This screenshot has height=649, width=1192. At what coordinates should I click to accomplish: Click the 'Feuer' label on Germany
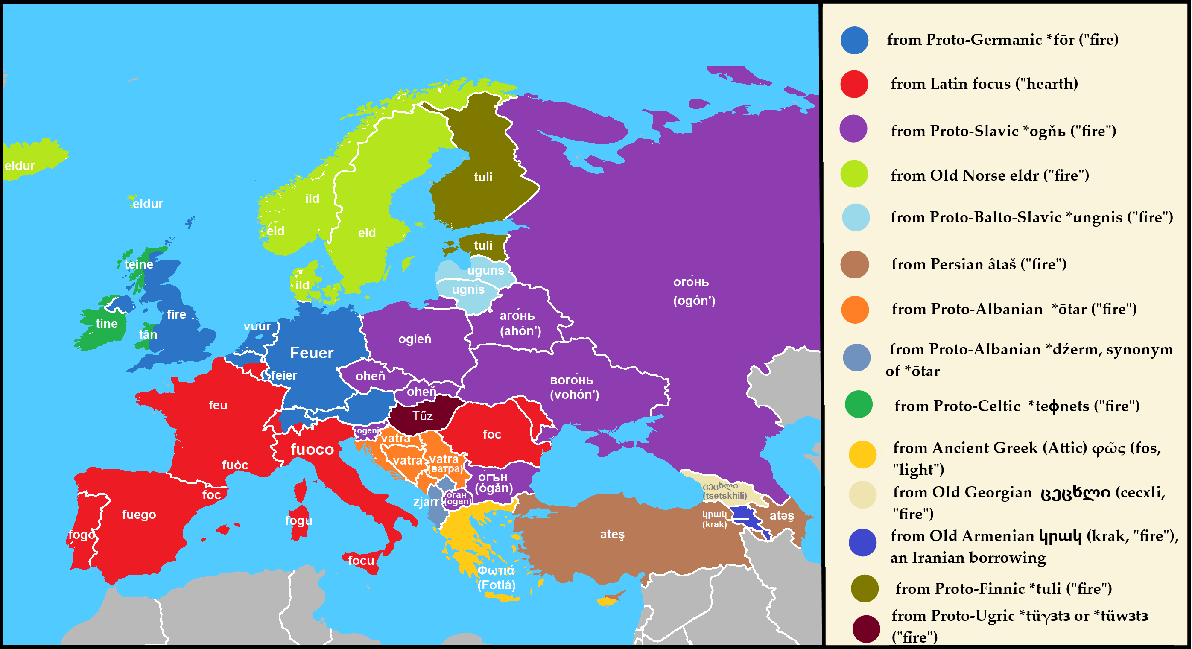[x=311, y=353]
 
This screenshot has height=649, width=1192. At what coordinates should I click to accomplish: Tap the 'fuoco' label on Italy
[x=313, y=450]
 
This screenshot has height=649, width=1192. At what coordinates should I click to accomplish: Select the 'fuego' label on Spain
[x=139, y=515]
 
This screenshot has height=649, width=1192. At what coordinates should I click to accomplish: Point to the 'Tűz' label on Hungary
[x=423, y=416]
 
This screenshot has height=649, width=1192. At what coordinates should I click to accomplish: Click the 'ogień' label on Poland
[x=415, y=339]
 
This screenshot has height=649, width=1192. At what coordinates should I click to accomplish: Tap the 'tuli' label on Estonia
[x=483, y=246]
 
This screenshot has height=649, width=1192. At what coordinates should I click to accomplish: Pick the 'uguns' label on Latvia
[x=485, y=271]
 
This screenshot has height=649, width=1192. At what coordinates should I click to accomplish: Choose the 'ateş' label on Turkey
[x=612, y=535]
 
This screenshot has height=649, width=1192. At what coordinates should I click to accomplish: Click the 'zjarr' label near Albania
[x=426, y=502]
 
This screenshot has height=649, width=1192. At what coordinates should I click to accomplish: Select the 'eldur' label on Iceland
[x=20, y=166]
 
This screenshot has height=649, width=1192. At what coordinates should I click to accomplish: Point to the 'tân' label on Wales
[x=148, y=335]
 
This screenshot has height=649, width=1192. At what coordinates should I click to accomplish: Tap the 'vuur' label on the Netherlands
[x=257, y=327]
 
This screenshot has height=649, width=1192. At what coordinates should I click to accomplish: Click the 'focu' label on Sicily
[x=361, y=561]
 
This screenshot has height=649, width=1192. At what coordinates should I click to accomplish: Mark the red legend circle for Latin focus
[x=854, y=84]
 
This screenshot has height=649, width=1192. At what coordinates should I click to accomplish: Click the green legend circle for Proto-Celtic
[x=859, y=405]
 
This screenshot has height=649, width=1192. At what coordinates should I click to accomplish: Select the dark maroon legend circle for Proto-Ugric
[x=866, y=629]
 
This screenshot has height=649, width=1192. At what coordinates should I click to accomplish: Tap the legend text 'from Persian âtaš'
[x=979, y=264]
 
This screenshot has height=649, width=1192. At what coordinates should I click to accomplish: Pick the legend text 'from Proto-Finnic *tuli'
[x=1004, y=589]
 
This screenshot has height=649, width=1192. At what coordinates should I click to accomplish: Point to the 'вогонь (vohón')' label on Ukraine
[x=574, y=387]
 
